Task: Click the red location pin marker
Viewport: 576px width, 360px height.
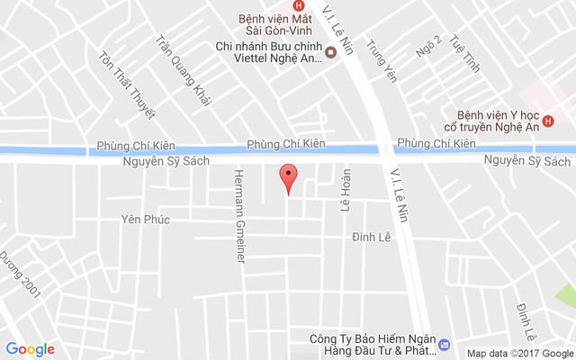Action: click(x=287, y=177)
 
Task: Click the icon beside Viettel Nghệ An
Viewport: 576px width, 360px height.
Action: click(x=330, y=52)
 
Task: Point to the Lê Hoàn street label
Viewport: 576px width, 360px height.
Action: click(x=346, y=191)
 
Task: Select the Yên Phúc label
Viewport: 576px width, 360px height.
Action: click(x=145, y=219)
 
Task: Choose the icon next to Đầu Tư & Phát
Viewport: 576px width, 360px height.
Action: click(x=443, y=345)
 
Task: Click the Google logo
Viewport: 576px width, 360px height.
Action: click(x=30, y=349)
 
